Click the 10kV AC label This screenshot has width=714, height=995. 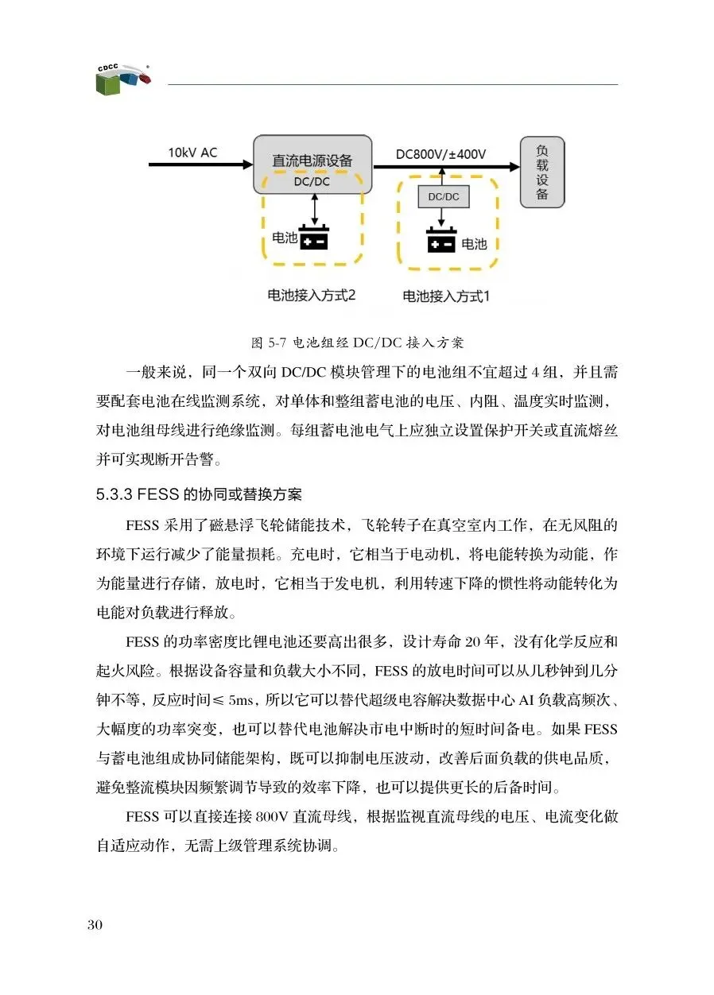(x=192, y=152)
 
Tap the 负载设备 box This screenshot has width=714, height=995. (x=541, y=172)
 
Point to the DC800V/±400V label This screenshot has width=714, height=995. (x=441, y=153)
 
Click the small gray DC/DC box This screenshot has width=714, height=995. (x=443, y=196)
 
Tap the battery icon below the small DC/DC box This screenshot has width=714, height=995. (x=443, y=241)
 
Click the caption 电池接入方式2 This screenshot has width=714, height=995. (x=311, y=295)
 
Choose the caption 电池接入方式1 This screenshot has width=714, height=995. (x=446, y=296)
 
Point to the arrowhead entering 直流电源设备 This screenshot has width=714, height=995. (x=245, y=165)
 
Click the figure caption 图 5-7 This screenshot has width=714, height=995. (x=356, y=343)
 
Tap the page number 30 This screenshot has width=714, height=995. (x=95, y=925)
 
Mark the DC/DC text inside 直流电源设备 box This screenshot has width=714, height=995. (x=312, y=182)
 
